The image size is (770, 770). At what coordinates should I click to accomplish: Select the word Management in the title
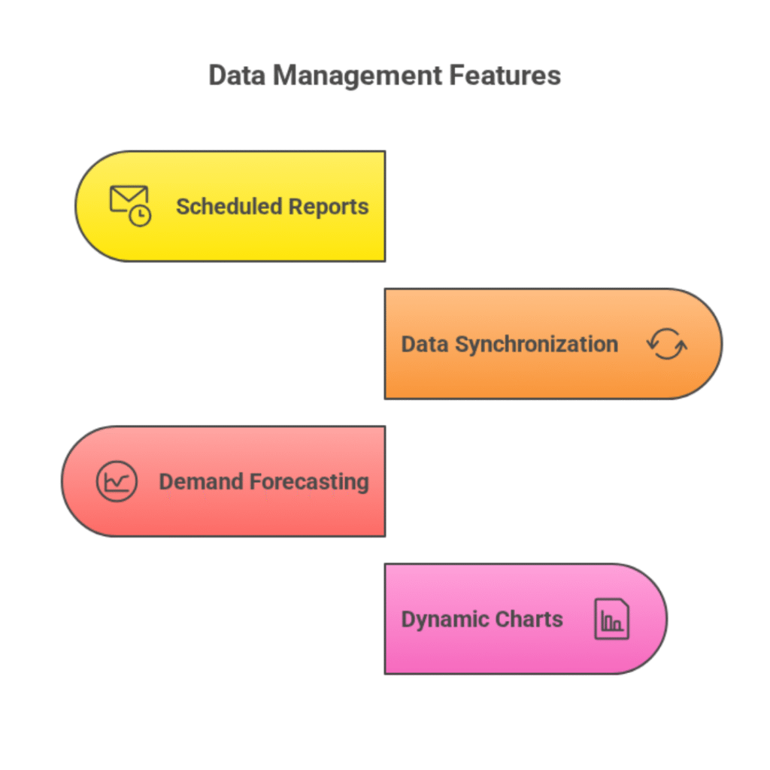pos(357,76)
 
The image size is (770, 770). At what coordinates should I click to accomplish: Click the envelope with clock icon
pos(130,205)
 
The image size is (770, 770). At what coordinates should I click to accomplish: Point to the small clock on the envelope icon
pos(140,215)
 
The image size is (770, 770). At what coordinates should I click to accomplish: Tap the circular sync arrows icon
pos(666,344)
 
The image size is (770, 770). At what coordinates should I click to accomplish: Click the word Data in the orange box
pos(426,344)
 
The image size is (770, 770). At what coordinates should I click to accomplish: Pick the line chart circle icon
pos(117,481)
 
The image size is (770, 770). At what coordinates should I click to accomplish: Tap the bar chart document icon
pos(611,619)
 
